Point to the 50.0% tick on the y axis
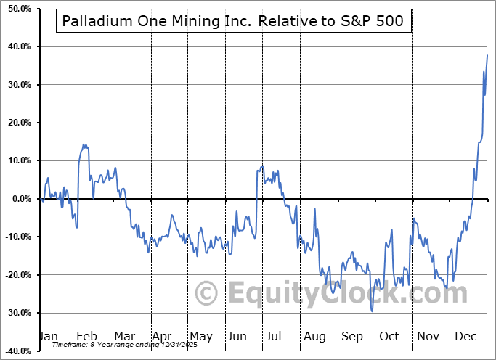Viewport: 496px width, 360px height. (16, 9)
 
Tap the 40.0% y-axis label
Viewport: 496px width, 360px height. (16, 46)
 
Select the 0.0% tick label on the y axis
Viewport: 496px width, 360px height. (17, 199)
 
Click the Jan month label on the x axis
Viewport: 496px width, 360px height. (47, 337)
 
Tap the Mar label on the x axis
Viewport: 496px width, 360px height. (123, 337)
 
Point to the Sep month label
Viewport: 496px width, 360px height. (352, 337)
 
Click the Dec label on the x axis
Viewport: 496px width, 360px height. (466, 337)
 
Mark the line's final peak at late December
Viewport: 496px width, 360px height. (487, 56)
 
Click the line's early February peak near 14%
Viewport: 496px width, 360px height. (84, 144)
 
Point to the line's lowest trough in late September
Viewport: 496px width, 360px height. (372, 311)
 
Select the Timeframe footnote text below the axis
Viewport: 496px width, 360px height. (118, 345)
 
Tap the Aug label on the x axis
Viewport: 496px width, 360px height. (315, 337)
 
